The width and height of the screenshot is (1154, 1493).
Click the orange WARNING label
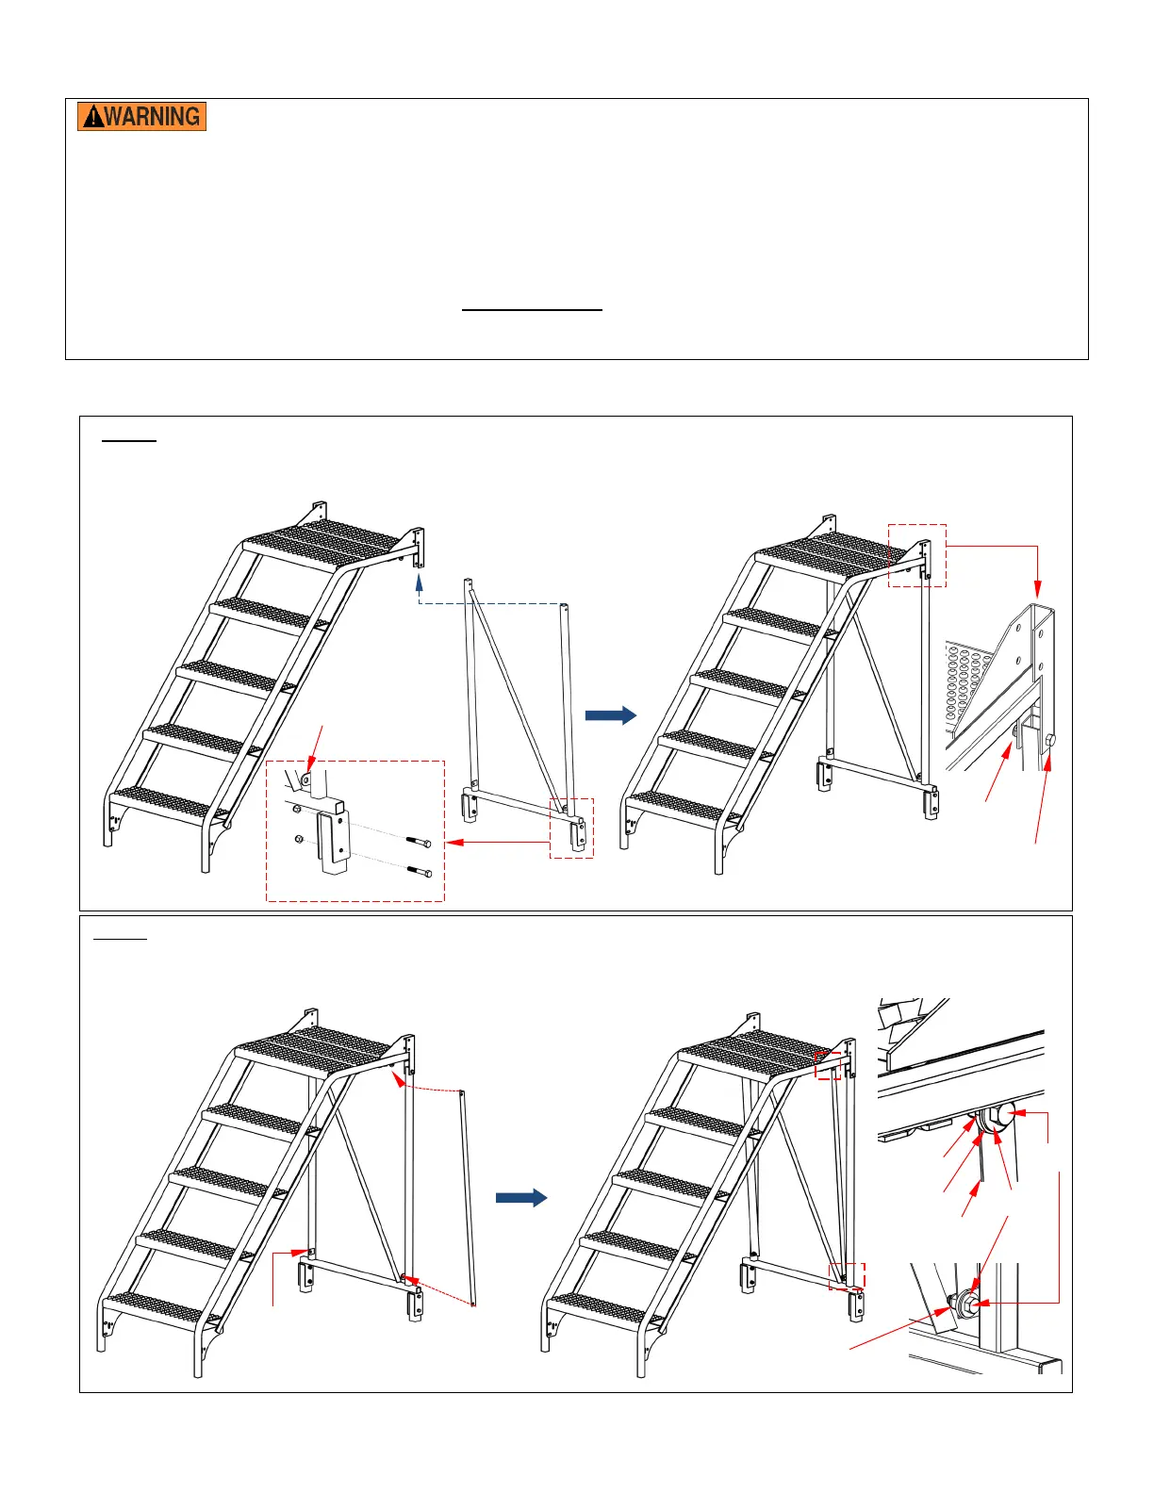(x=141, y=116)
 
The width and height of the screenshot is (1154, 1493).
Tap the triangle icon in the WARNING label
(x=92, y=117)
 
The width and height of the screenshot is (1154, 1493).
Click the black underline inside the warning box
(x=532, y=310)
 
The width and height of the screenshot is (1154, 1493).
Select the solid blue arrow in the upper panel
(x=610, y=715)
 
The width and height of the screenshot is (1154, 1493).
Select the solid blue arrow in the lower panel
(x=521, y=1198)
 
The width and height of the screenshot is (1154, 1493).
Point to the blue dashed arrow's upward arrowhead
(x=419, y=583)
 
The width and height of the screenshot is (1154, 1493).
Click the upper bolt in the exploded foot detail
(x=419, y=841)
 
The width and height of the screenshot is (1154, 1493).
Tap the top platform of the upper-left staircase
(x=321, y=544)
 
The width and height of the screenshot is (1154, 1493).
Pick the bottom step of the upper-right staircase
(x=684, y=808)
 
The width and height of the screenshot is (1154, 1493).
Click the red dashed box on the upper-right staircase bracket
(x=916, y=555)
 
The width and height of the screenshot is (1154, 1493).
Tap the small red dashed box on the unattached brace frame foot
(x=571, y=828)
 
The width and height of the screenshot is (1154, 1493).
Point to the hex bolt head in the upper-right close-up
(x=1049, y=741)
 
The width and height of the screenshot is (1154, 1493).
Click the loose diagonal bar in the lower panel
(x=468, y=1198)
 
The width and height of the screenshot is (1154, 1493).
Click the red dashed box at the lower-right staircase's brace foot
(x=846, y=1275)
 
